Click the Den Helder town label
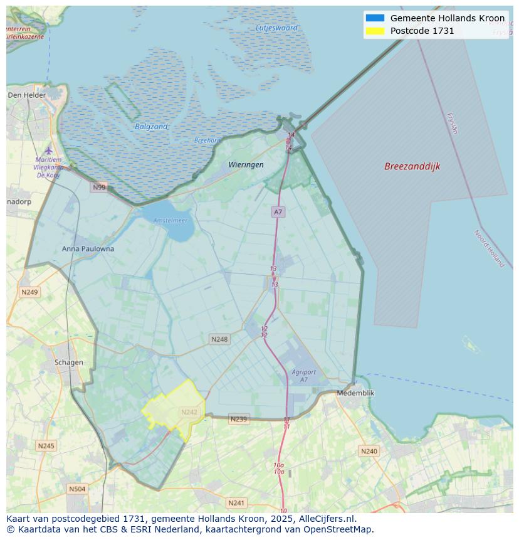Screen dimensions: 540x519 pyautogui.click(x=27, y=95)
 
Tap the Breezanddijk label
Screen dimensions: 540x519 pyautogui.click(x=412, y=166)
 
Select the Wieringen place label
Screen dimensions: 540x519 pyautogui.click(x=246, y=164)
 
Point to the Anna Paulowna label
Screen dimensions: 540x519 pyautogui.click(x=88, y=248)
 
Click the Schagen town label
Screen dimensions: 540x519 pyautogui.click(x=68, y=362)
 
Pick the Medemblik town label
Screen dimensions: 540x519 pyautogui.click(x=355, y=393)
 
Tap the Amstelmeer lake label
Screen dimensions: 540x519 pyautogui.click(x=170, y=220)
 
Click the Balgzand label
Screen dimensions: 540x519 pyautogui.click(x=151, y=127)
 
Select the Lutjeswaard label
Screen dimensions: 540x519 pyautogui.click(x=276, y=28)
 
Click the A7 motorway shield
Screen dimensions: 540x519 pyautogui.click(x=278, y=212)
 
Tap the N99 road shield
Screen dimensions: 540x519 pyautogui.click(x=99, y=187)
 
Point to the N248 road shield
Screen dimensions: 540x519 pyautogui.click(x=219, y=339)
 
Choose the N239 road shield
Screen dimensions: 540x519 pyautogui.click(x=238, y=419)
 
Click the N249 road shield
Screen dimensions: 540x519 pyautogui.click(x=29, y=292)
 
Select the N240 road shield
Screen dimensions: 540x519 pyautogui.click(x=369, y=451)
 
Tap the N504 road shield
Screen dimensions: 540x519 pyautogui.click(x=77, y=489)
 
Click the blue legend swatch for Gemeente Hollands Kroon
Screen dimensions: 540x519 pyautogui.click(x=375, y=18)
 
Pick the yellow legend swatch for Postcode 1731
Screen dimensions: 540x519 pyautogui.click(x=375, y=31)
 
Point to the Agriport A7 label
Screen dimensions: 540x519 pyautogui.click(x=304, y=376)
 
